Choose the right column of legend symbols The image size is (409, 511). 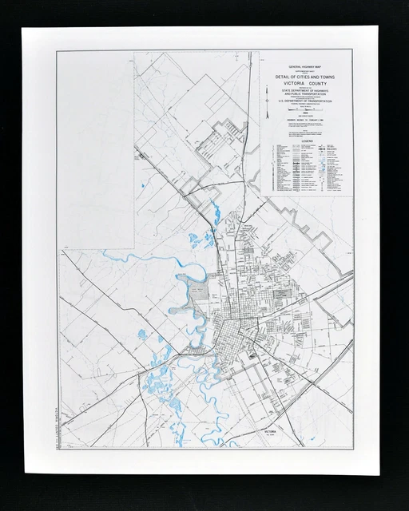click(336, 168)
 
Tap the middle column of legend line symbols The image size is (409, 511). click(307, 168)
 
